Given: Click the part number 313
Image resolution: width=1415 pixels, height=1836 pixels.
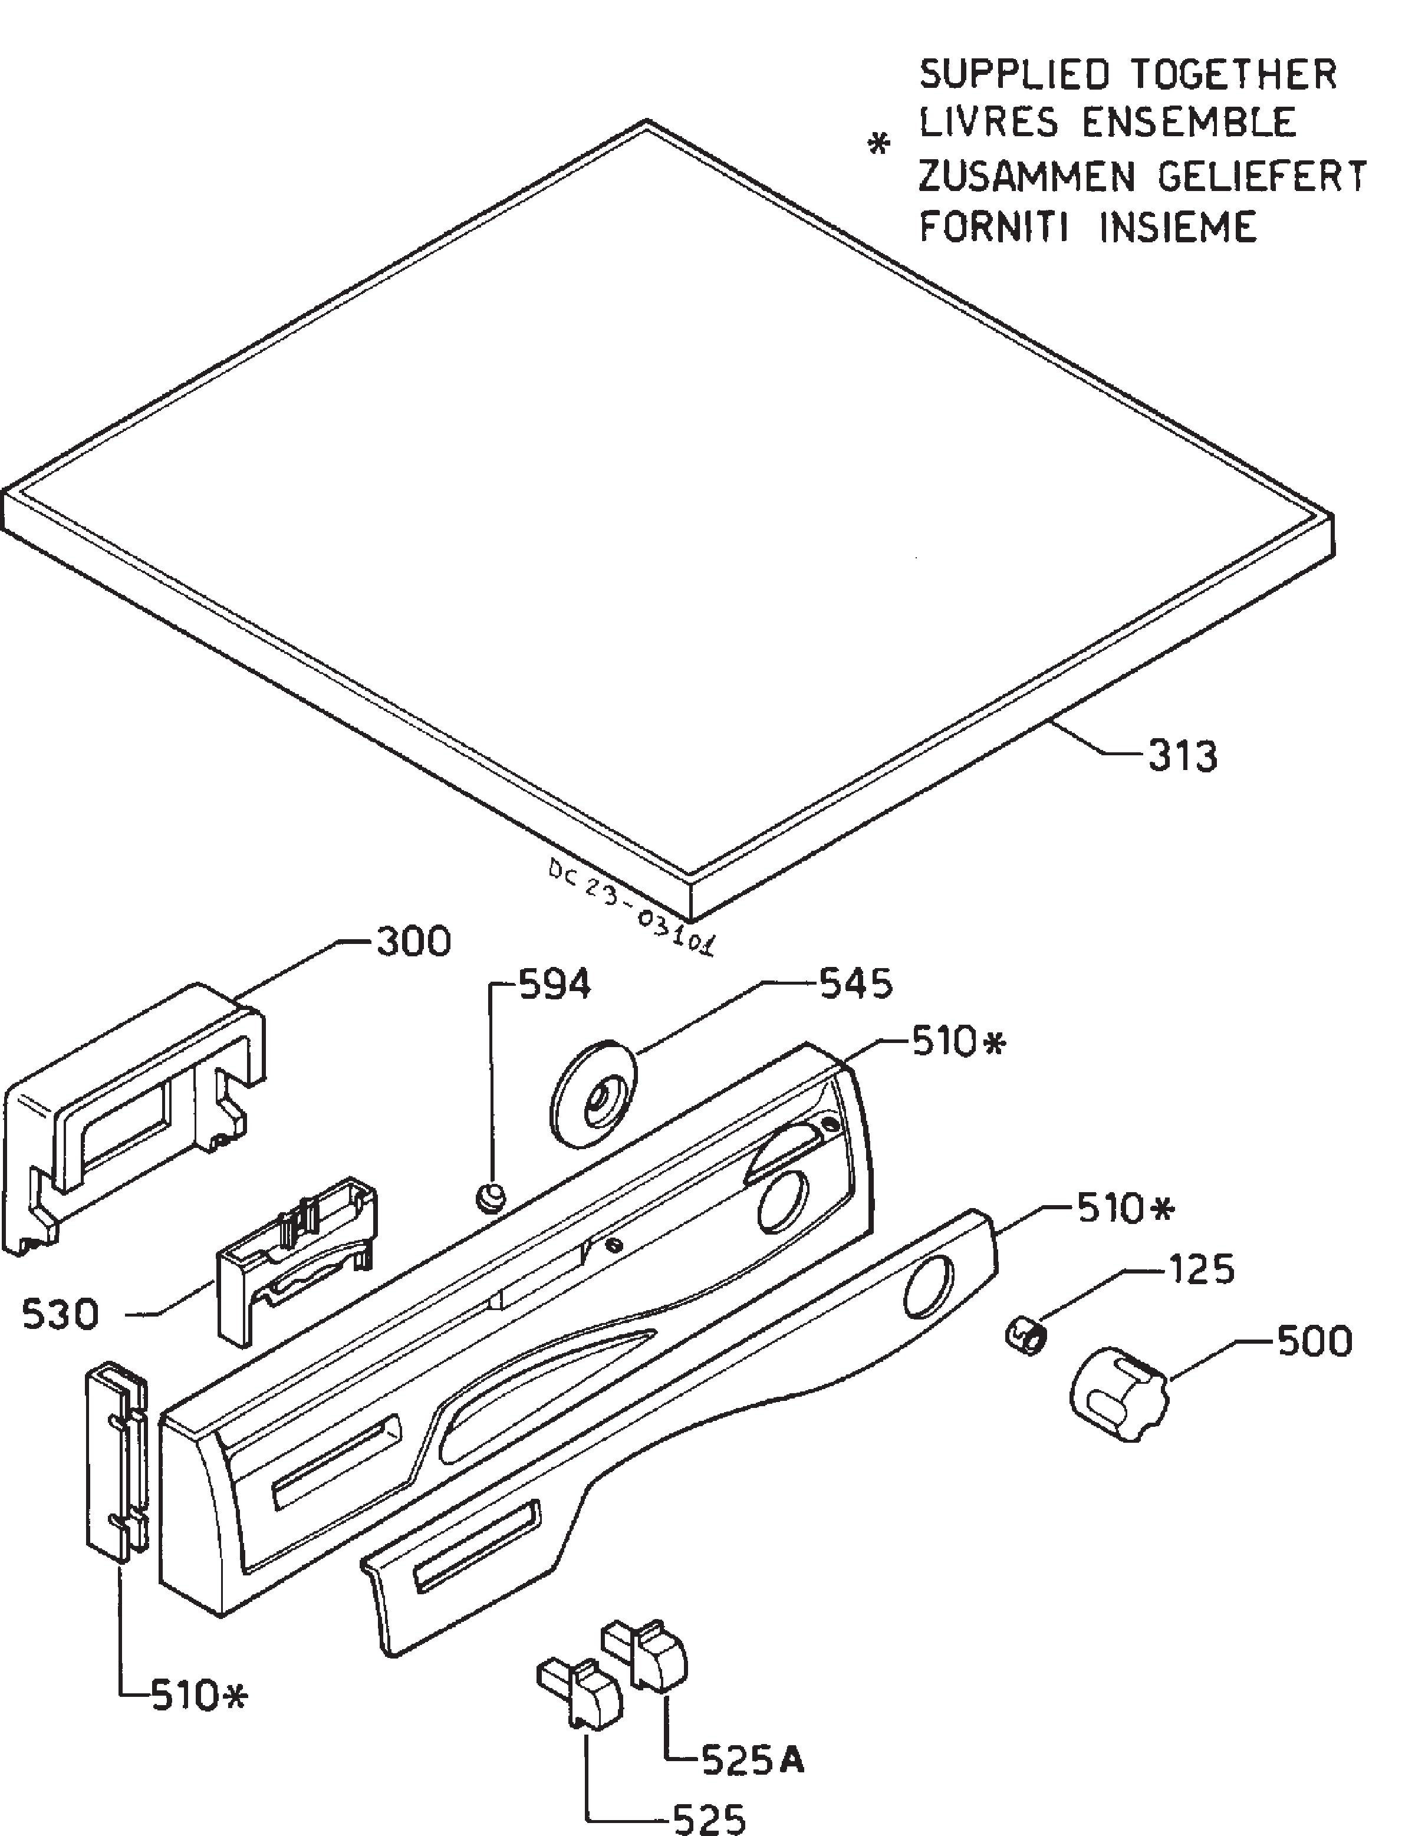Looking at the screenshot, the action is point(1182,756).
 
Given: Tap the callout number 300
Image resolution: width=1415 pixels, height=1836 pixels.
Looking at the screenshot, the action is point(413,942).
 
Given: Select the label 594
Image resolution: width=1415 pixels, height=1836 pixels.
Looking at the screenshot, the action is point(555,985).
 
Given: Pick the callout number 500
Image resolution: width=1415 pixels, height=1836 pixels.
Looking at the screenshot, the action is point(1315,1341).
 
